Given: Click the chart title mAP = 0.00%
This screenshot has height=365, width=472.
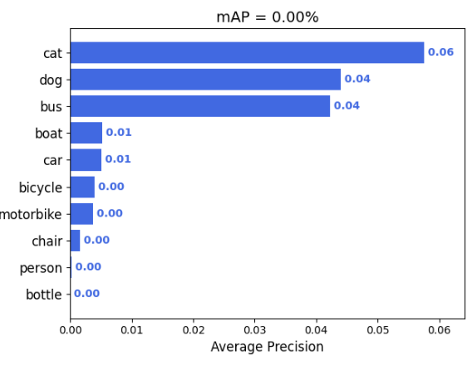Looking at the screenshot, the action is coord(268,17).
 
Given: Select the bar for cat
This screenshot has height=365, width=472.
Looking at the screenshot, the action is coord(247,52).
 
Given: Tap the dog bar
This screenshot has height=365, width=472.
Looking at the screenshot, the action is coord(205,80).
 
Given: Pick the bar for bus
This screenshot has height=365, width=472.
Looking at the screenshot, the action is coord(200,106).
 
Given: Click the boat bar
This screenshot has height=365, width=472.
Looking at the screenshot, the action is coord(86,133).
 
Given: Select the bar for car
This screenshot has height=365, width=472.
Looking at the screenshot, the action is coord(86,160).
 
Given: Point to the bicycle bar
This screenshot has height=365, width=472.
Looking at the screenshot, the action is coord(82,187).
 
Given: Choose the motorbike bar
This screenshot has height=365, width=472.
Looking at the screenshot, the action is coord(81,213).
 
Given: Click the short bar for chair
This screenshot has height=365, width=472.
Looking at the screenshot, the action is coord(76,241).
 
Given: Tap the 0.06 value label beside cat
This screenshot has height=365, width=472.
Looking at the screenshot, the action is coord(440,52).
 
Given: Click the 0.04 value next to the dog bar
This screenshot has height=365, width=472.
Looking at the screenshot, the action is coord(357,79).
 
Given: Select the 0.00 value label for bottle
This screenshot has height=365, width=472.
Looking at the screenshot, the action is coord(86,294).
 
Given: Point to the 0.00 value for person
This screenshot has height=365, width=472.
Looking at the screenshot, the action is coord(88,267).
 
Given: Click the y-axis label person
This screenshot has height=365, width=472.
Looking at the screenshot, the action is coord(41,268).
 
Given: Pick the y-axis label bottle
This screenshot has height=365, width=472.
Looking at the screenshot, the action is coord(44,294).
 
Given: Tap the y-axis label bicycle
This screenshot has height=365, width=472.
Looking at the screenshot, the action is coord(41,187).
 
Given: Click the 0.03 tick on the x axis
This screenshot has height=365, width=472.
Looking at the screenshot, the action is coord(254,330).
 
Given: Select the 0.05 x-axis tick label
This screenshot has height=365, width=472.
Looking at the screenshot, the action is coord(378,330).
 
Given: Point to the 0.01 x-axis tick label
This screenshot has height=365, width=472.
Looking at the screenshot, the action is coord(132,330).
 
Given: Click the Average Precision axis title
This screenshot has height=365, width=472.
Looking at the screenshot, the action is coord(268,347).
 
